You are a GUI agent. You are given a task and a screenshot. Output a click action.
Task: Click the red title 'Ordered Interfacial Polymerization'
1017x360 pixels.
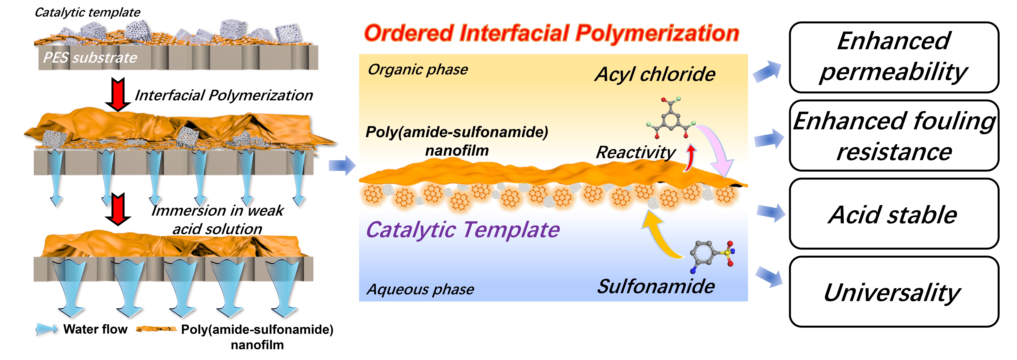tap(551, 33)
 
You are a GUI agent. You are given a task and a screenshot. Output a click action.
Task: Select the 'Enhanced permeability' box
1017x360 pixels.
tap(894, 57)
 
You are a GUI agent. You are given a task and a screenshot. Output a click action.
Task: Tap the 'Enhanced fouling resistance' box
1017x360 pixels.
tap(894, 135)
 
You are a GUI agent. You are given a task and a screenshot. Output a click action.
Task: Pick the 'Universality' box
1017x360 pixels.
tap(894, 292)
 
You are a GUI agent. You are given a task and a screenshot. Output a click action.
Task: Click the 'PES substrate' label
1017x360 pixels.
tap(90, 58)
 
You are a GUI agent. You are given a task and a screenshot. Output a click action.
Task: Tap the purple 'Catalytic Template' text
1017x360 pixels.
tap(463, 230)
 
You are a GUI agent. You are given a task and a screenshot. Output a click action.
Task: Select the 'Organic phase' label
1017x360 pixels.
tap(418, 69)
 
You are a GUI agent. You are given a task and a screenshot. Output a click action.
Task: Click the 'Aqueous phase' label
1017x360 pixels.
tap(420, 289)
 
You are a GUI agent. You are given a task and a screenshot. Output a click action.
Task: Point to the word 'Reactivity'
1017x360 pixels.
tap(636, 152)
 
